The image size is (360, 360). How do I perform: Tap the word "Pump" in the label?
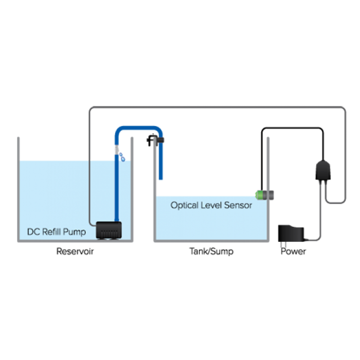click(x=75, y=232)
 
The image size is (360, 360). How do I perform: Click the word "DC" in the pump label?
click(x=33, y=232)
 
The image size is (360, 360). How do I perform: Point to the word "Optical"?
click(x=184, y=205)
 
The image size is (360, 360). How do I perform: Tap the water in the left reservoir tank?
click(x=57, y=190)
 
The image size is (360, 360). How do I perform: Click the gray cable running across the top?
click(x=216, y=107)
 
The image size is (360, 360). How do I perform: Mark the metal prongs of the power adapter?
click(x=282, y=245)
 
